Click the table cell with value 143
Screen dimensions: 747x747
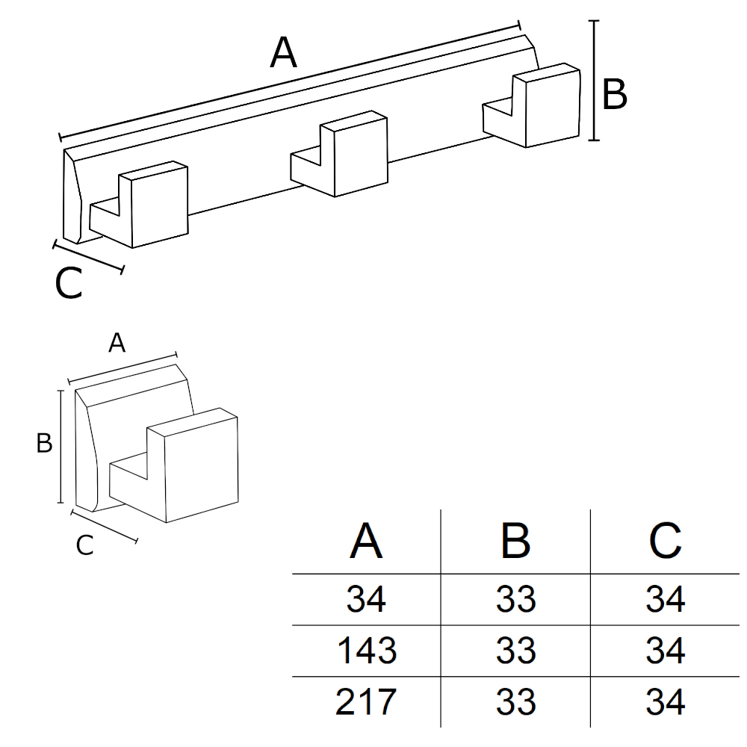click(x=366, y=651)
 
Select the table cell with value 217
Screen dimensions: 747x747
click(x=366, y=702)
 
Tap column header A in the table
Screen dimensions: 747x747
click(x=366, y=542)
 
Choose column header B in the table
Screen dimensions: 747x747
click(x=515, y=542)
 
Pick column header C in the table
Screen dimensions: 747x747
click(x=665, y=542)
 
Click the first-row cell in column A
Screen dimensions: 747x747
click(x=366, y=599)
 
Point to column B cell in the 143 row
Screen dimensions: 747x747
click(x=515, y=651)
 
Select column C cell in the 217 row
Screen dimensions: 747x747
click(x=665, y=702)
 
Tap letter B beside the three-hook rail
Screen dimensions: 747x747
click(x=614, y=96)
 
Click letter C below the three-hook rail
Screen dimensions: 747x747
click(x=69, y=285)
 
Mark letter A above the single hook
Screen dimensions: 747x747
click(x=117, y=344)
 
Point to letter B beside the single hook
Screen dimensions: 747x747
click(x=44, y=444)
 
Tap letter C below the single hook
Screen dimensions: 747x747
click(x=85, y=546)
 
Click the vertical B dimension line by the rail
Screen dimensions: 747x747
click(x=595, y=81)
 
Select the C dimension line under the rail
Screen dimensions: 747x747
click(x=89, y=256)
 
